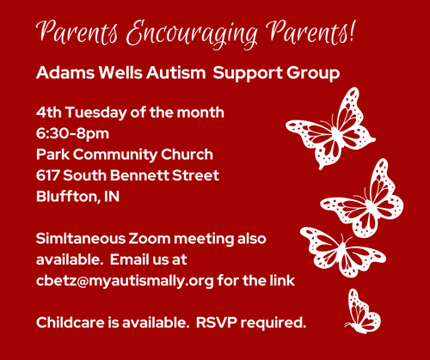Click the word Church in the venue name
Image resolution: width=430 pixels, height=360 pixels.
[x=188, y=154]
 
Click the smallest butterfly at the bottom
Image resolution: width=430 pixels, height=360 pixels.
[x=359, y=310]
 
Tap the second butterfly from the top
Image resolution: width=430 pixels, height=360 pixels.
[x=364, y=202]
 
